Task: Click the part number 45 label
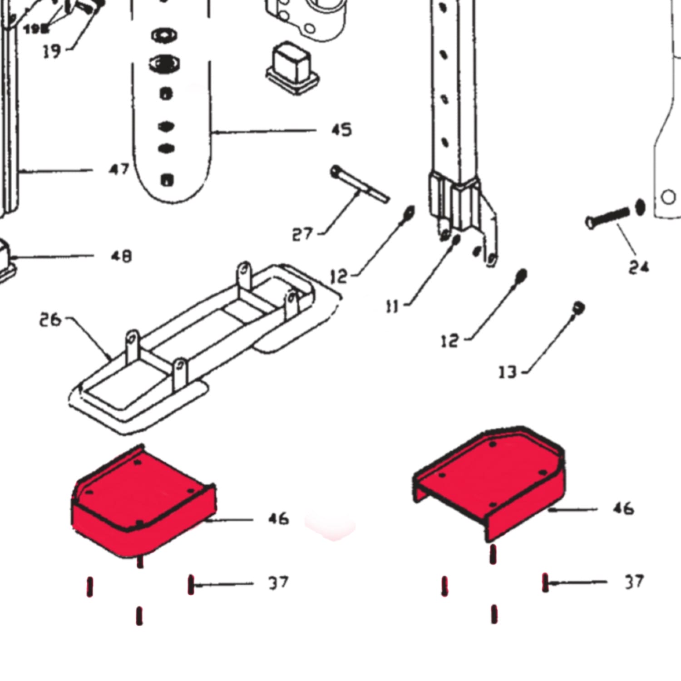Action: (341, 130)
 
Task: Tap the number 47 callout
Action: (119, 170)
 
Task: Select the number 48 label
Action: (121, 256)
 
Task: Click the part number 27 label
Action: (302, 234)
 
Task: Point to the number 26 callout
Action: (49, 320)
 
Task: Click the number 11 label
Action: (392, 307)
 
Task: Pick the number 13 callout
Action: (508, 372)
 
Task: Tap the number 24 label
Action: (638, 267)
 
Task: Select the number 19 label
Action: (51, 51)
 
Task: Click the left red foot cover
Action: (141, 504)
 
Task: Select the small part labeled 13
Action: (578, 307)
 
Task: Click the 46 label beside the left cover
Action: (278, 518)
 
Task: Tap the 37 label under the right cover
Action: (634, 582)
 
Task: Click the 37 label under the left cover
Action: (278, 582)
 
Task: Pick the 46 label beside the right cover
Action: (623, 508)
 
